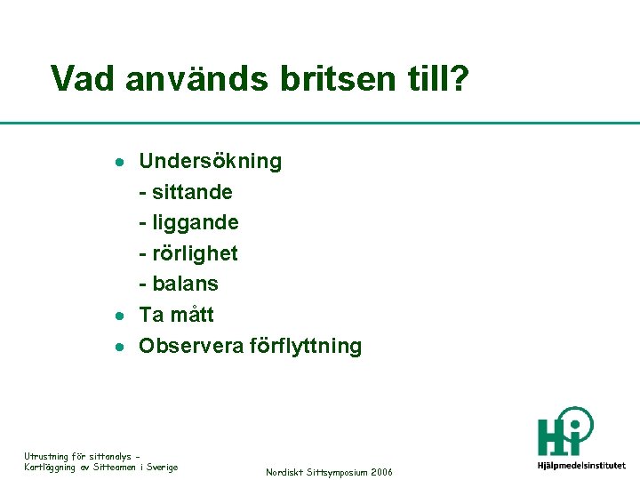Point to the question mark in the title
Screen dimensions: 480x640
pyautogui.click(x=459, y=79)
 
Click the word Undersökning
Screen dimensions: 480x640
pyautogui.click(x=211, y=162)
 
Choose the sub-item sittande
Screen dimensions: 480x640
pyautogui.click(x=191, y=192)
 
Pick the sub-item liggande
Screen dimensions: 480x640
pyautogui.click(x=194, y=222)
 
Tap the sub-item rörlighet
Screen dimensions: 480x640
pyautogui.click(x=194, y=253)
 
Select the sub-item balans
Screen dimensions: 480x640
pyautogui.click(x=184, y=284)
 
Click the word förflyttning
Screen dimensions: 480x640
pyautogui.click(x=305, y=347)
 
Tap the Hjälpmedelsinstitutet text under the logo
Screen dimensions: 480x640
pyautogui.click(x=581, y=465)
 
